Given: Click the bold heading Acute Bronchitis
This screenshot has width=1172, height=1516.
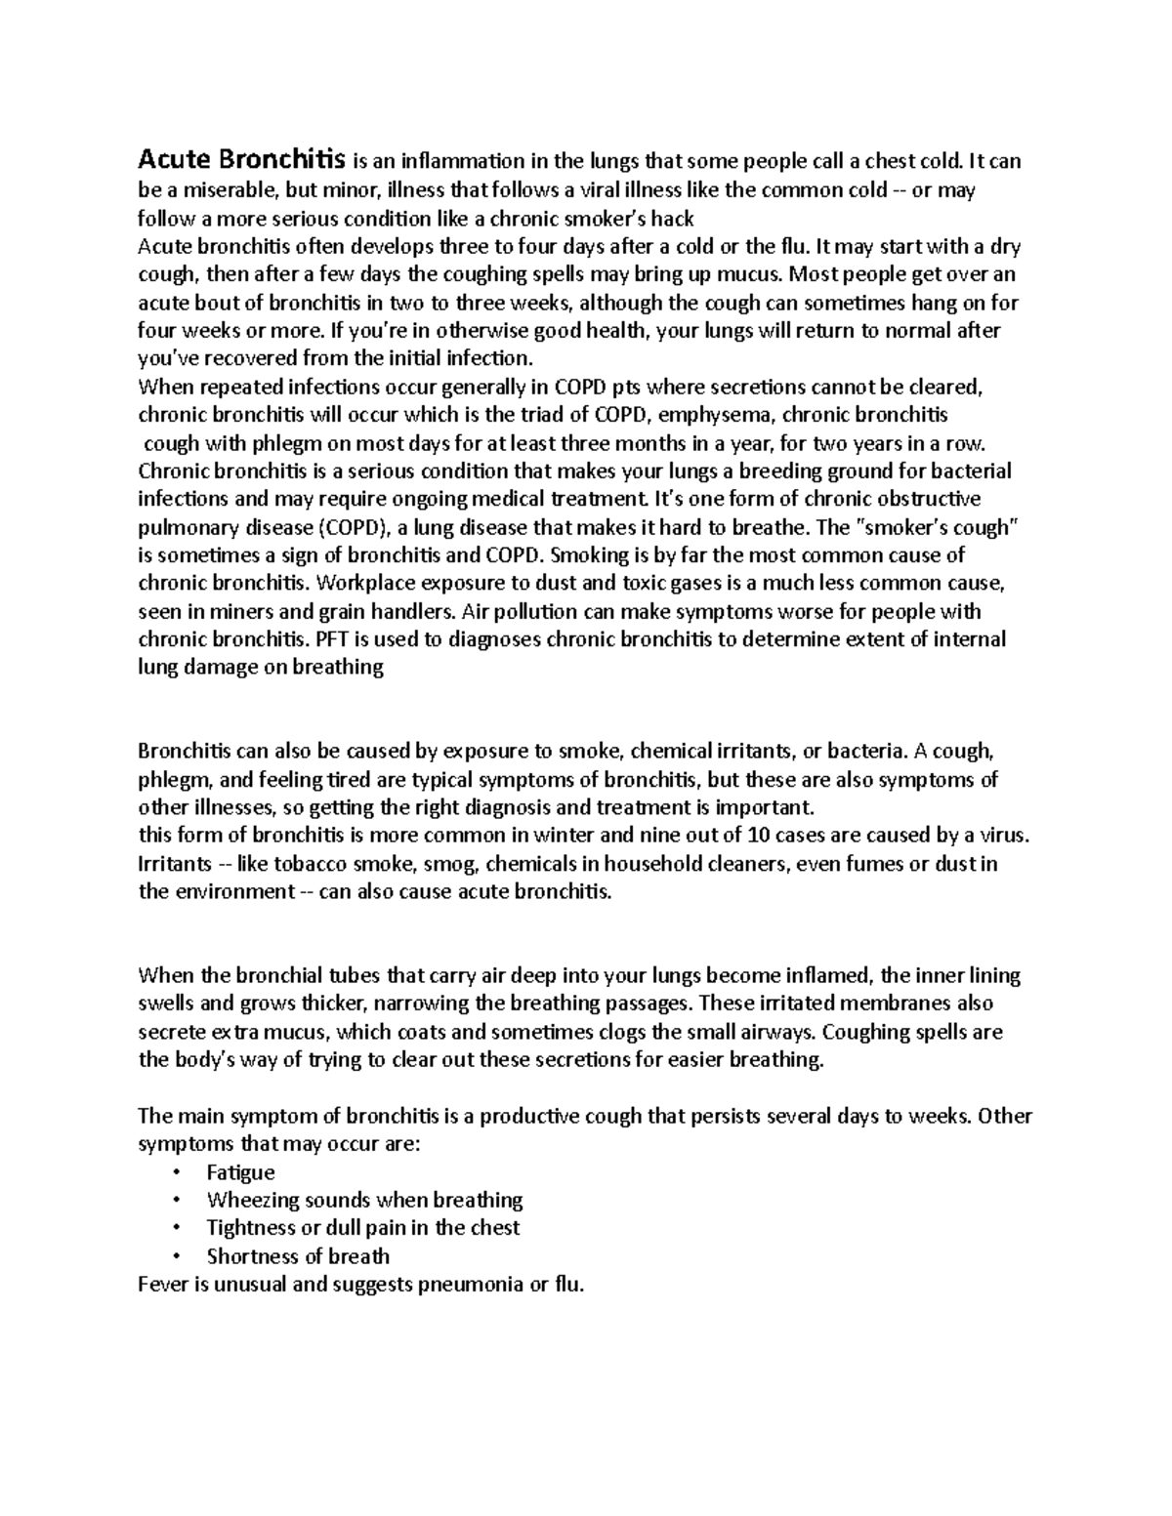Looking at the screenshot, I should (x=241, y=158).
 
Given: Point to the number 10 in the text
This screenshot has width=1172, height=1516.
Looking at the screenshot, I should (x=757, y=836).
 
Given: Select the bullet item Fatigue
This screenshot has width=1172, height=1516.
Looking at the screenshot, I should (x=240, y=1172).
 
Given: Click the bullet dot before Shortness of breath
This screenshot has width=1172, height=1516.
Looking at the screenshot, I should (x=175, y=1256).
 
